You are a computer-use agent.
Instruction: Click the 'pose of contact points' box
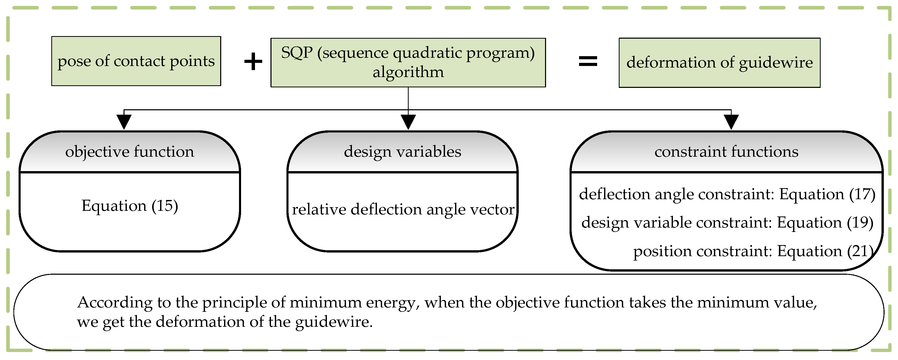136,61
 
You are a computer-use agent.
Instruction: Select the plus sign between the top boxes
253,62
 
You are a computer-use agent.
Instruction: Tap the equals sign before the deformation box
588,62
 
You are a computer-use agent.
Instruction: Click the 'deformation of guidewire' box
719,63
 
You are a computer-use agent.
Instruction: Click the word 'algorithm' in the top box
408,72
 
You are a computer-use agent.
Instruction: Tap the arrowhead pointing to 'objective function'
124,121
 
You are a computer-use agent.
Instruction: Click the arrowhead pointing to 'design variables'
408,121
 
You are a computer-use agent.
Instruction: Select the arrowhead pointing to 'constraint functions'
731,121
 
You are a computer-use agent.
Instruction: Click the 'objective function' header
130,152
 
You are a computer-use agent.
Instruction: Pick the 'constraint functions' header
727,152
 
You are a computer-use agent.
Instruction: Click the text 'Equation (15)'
130,206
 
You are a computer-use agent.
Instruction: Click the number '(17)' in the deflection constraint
862,194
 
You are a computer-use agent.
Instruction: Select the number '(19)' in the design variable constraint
860,223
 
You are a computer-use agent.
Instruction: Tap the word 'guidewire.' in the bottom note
334,322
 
